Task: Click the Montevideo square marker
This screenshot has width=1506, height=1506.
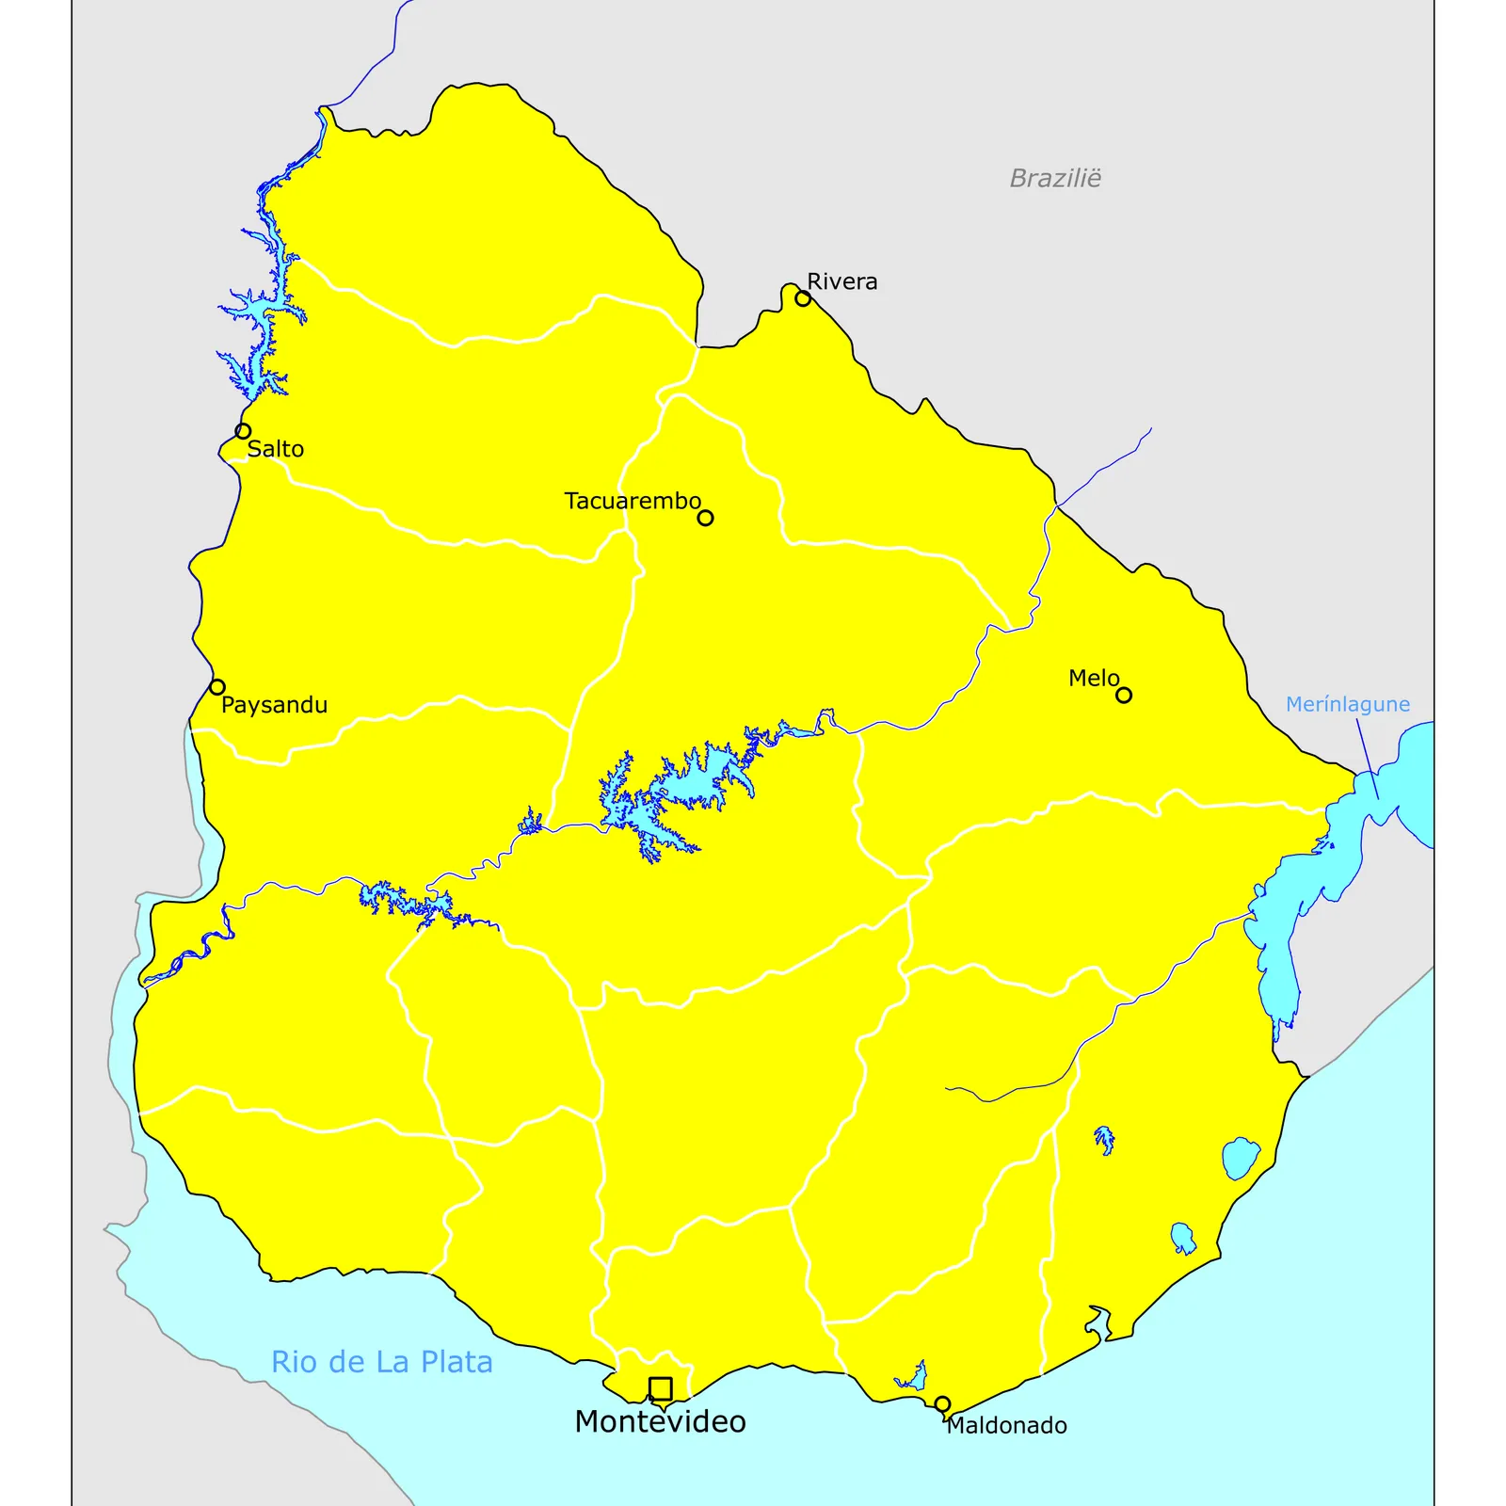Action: pyautogui.click(x=661, y=1388)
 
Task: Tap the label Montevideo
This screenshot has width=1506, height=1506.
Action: pyautogui.click(x=660, y=1421)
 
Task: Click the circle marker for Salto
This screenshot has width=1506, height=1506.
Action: pyautogui.click(x=243, y=431)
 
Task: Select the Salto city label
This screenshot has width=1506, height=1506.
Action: pyautogui.click(x=276, y=449)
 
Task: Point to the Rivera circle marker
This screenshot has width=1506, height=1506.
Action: pyautogui.click(x=803, y=298)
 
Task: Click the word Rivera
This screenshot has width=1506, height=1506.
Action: pyautogui.click(x=842, y=281)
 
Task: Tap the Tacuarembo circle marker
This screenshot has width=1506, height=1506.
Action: pyautogui.click(x=705, y=518)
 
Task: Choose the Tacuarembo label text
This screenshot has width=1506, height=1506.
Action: pyautogui.click(x=633, y=501)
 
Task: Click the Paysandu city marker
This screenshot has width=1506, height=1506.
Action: pyautogui.click(x=217, y=687)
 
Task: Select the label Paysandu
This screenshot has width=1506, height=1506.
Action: pyautogui.click(x=275, y=705)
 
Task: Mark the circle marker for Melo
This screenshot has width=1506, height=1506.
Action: pyautogui.click(x=1124, y=696)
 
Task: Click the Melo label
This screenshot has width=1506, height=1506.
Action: pyautogui.click(x=1094, y=678)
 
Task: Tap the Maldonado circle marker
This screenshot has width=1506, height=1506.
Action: pyautogui.click(x=942, y=1404)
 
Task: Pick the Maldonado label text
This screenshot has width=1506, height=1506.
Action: pyautogui.click(x=1006, y=1425)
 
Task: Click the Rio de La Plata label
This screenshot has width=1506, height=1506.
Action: pyautogui.click(x=382, y=1362)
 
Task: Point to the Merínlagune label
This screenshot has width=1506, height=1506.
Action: pyautogui.click(x=1348, y=704)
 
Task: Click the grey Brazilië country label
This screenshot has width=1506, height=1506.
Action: pyautogui.click(x=1055, y=178)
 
